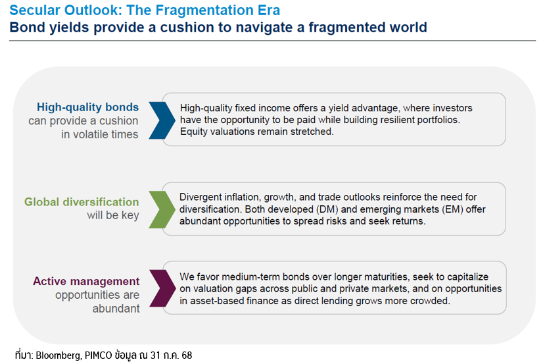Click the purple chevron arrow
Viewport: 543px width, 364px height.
(163, 288)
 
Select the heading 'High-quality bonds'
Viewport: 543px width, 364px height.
(87, 107)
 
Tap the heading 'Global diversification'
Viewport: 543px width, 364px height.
(82, 202)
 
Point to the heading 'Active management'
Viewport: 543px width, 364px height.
(86, 281)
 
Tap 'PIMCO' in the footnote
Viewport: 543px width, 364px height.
(99, 355)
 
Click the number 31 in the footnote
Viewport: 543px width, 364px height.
(156, 355)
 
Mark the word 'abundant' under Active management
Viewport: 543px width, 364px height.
(116, 309)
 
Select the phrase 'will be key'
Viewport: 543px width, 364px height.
(113, 215)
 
